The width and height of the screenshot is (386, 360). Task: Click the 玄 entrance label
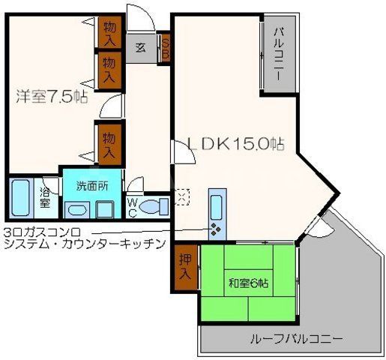(140, 46)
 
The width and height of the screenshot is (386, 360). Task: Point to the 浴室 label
(46, 194)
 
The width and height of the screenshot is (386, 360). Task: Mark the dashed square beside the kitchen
(181, 196)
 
